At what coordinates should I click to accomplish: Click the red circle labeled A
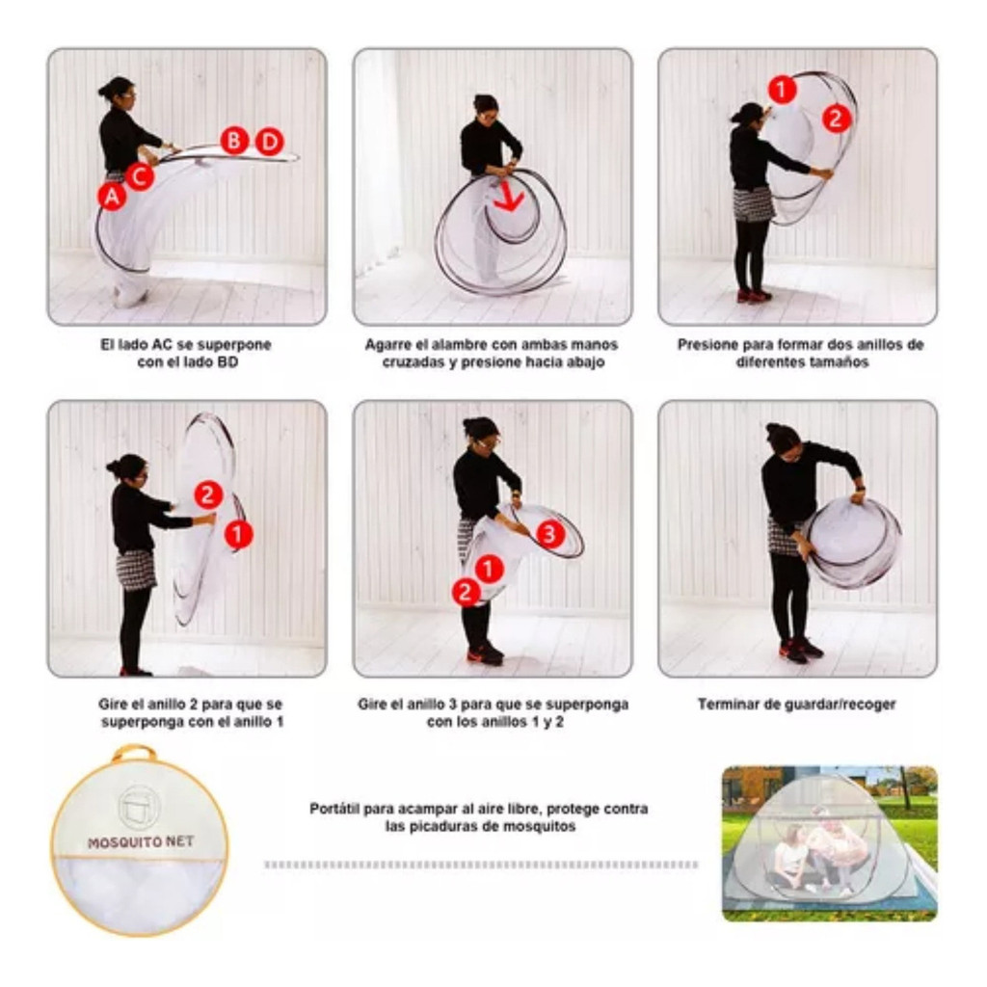click(112, 197)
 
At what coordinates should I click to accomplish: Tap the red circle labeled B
click(234, 141)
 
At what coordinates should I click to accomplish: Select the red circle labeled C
click(140, 177)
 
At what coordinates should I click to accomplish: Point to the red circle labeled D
click(270, 142)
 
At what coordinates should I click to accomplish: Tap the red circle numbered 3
click(549, 534)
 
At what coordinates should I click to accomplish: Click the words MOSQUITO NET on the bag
click(141, 841)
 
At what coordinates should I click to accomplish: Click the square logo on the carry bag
click(139, 807)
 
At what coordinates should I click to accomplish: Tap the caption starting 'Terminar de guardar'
click(796, 704)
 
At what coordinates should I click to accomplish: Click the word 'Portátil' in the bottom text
click(333, 809)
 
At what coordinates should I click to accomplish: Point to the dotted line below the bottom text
click(482, 865)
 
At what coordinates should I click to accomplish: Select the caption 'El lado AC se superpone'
click(186, 344)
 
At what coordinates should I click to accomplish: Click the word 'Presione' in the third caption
click(707, 344)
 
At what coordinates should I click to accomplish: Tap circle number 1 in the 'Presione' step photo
click(782, 90)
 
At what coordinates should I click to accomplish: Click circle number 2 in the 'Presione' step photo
click(837, 119)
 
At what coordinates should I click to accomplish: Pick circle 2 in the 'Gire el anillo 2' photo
click(208, 494)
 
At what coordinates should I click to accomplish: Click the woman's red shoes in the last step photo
click(801, 649)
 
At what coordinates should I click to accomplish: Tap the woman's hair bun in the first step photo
click(102, 92)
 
